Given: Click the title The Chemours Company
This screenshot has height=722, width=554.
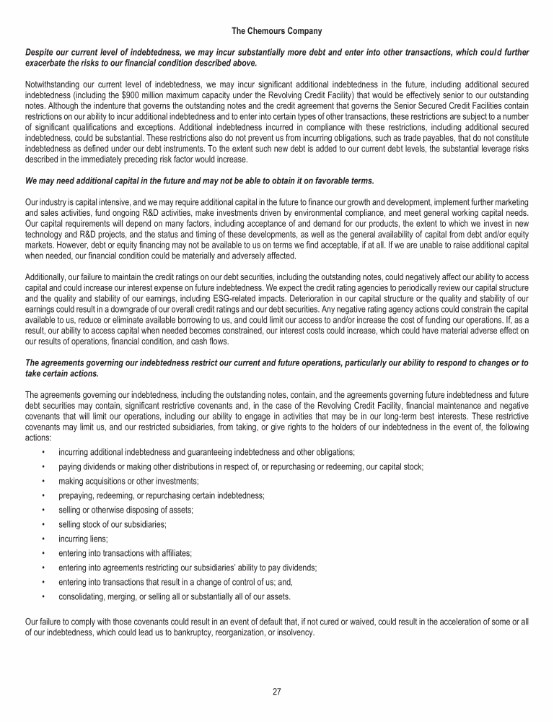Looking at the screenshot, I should (277, 31).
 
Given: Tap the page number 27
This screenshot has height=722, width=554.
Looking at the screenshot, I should (277, 692).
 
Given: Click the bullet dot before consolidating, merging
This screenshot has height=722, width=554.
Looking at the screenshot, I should (45, 596).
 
